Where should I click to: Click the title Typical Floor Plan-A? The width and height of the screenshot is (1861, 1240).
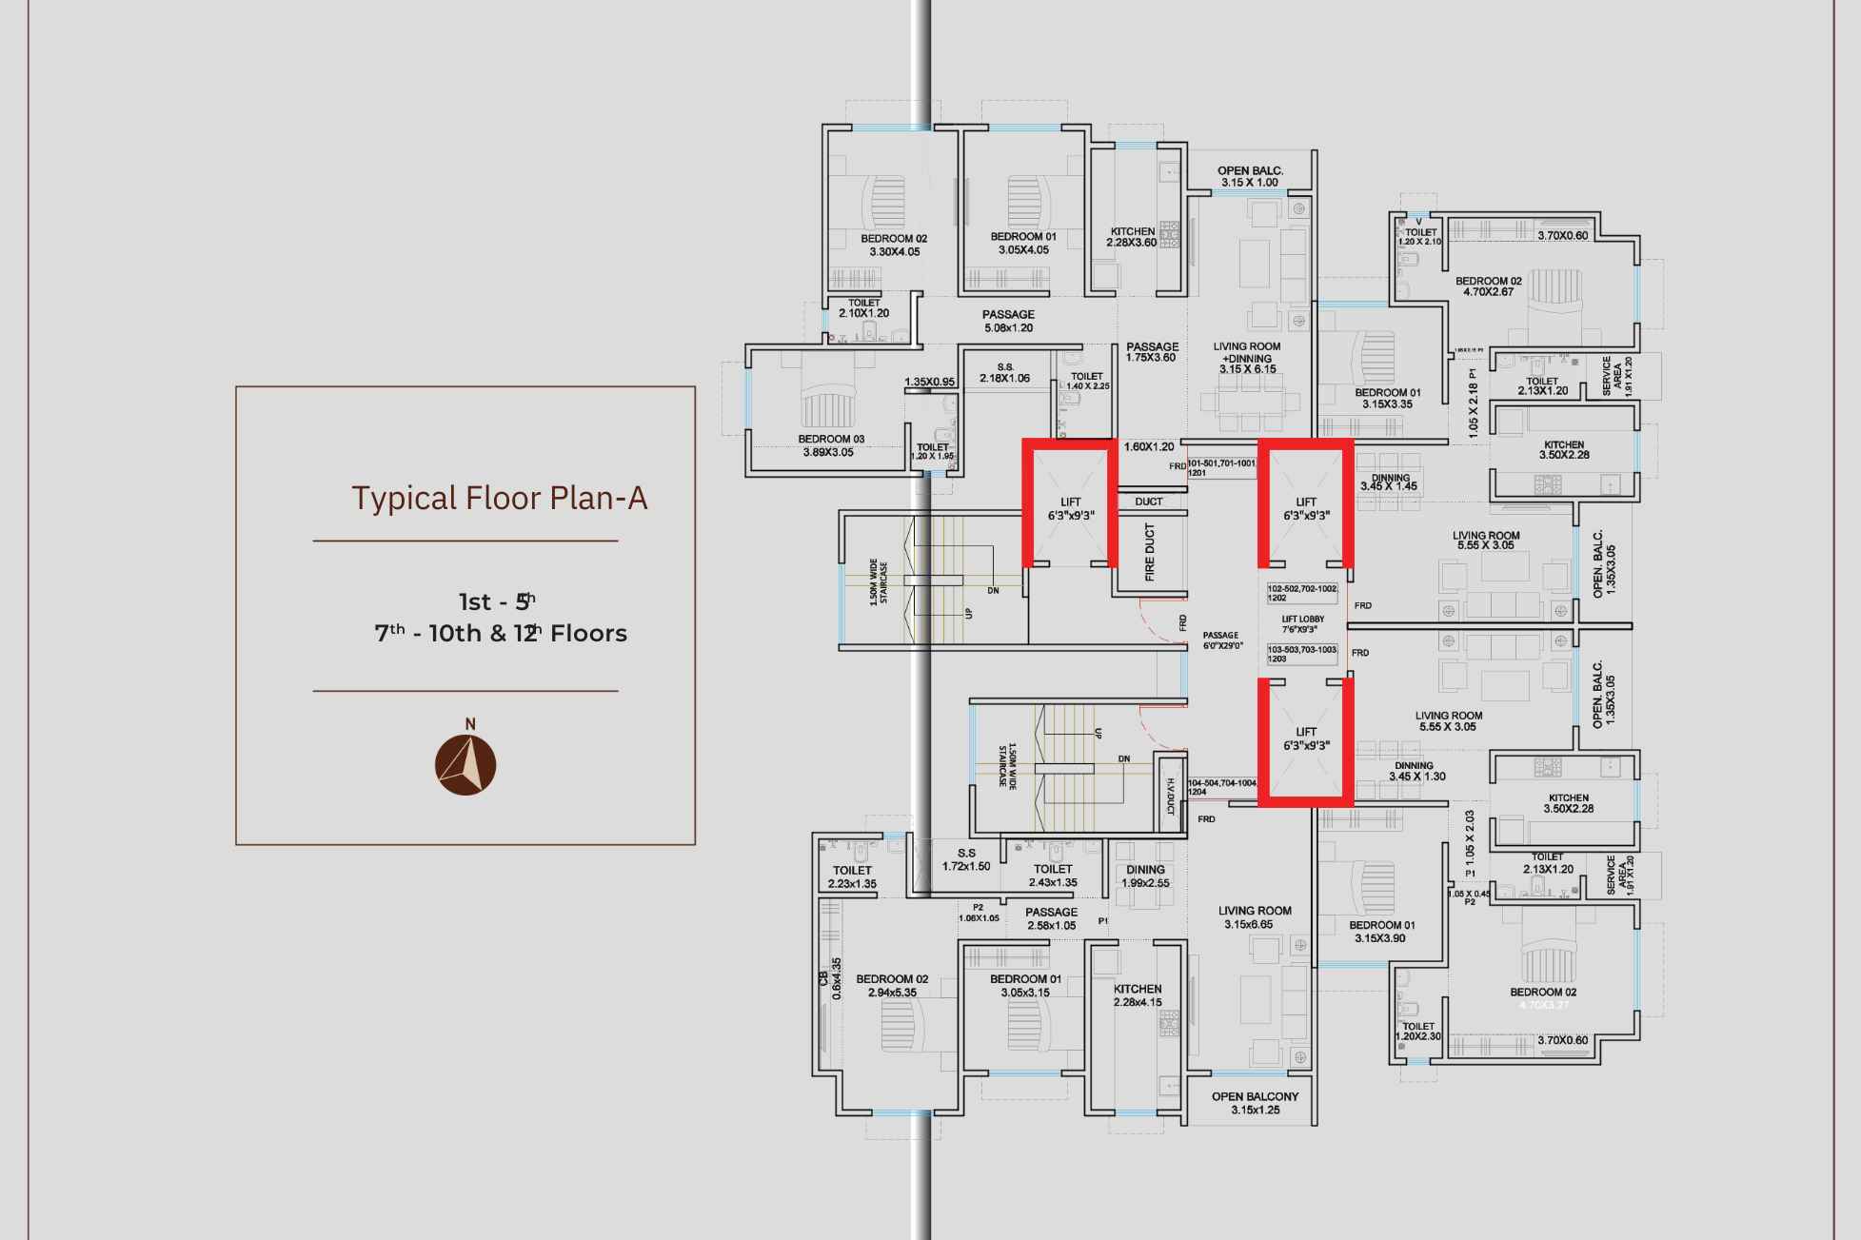point(499,498)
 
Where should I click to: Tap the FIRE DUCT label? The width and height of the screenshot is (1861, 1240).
point(1149,553)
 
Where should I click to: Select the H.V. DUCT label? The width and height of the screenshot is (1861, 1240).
point(1170,797)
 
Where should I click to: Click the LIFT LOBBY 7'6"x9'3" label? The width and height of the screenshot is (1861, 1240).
point(1302,624)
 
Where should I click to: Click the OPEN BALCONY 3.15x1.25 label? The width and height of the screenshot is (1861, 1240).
point(1255,1103)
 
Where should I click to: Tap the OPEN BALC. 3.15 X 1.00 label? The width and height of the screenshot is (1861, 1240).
point(1250,176)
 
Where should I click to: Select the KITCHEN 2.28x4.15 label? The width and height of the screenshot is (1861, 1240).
point(1138,995)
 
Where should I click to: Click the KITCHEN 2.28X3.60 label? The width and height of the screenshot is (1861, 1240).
point(1132,237)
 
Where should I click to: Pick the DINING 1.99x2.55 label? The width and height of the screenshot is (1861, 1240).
point(1145,876)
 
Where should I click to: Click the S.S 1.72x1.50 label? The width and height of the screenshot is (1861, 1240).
point(966,859)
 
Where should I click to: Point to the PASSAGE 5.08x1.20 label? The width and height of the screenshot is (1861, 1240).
point(1008,321)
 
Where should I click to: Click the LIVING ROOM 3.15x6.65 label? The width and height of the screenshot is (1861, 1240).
point(1255,917)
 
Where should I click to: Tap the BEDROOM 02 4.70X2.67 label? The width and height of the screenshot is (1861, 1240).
point(1488,286)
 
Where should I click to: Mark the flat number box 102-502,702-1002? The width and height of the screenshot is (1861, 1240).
point(1302,593)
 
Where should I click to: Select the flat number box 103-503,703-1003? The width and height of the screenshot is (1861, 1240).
point(1302,653)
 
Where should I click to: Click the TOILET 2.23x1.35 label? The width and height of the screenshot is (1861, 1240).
point(852,876)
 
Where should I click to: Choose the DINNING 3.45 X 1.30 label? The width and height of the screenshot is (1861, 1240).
point(1416,771)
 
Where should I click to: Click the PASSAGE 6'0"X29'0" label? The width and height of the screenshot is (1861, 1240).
point(1220,640)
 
